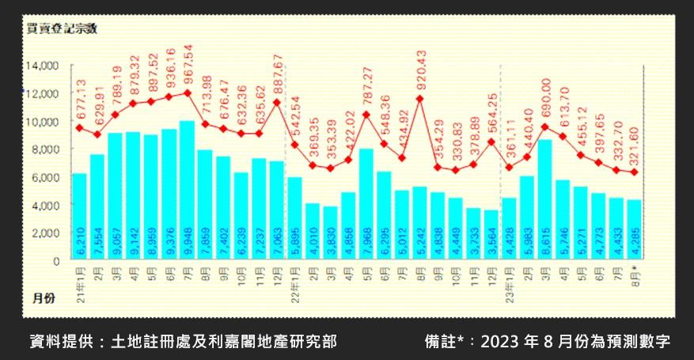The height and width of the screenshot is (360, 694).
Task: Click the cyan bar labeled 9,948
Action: tap(187, 190)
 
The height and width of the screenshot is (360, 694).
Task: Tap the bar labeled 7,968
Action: tap(366, 203)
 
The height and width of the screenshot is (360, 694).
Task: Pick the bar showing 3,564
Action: tap(490, 234)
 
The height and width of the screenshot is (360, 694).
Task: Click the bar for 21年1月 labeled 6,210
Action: tap(79, 216)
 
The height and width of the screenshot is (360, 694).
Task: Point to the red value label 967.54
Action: tap(188, 67)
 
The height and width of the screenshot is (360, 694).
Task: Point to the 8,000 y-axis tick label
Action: tap(45, 149)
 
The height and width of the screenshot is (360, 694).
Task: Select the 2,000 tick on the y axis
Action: tap(45, 233)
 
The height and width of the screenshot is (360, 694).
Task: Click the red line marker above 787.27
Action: tap(366, 114)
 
